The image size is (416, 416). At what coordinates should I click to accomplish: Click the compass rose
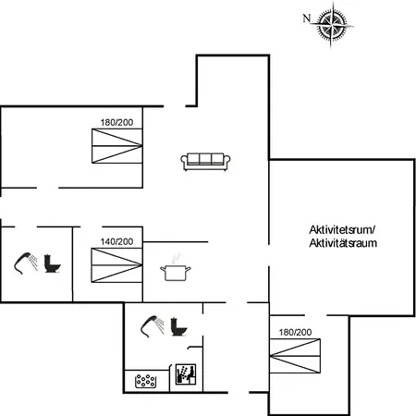pyautogui.click(x=333, y=25)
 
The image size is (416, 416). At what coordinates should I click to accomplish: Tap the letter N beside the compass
pyautogui.click(x=306, y=18)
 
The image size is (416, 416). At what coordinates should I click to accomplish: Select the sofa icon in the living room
pyautogui.click(x=205, y=162)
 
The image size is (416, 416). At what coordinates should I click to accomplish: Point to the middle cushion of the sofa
pyautogui.click(x=205, y=159)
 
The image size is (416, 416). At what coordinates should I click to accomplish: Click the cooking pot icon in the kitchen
pyautogui.click(x=176, y=273)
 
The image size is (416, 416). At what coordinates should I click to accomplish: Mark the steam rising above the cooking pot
pyautogui.click(x=175, y=258)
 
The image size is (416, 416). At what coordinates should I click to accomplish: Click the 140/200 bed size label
pyautogui.click(x=116, y=242)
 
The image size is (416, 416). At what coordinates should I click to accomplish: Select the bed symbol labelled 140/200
pyautogui.click(x=116, y=265)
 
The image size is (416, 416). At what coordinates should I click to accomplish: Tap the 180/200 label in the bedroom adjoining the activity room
pyautogui.click(x=295, y=332)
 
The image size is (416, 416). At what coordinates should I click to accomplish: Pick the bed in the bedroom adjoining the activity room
pyautogui.click(x=295, y=356)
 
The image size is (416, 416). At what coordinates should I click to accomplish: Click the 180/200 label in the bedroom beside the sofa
pyautogui.click(x=116, y=122)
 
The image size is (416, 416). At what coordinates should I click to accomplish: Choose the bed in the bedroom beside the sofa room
pyautogui.click(x=117, y=146)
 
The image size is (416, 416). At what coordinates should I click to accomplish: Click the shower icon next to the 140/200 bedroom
pyautogui.click(x=26, y=263)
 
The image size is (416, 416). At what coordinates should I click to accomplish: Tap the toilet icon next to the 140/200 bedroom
pyautogui.click(x=53, y=263)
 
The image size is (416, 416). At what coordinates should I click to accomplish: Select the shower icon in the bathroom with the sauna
pyautogui.click(x=153, y=326)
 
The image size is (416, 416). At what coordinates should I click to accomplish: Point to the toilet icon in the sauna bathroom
pyautogui.click(x=179, y=326)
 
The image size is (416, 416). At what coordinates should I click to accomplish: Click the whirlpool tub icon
pyautogui.click(x=146, y=381)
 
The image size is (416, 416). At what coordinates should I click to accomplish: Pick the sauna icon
pyautogui.click(x=186, y=374)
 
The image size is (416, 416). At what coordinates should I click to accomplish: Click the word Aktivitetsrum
pyautogui.click(x=342, y=230)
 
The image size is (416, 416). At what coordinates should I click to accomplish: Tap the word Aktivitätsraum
pyautogui.click(x=343, y=243)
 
